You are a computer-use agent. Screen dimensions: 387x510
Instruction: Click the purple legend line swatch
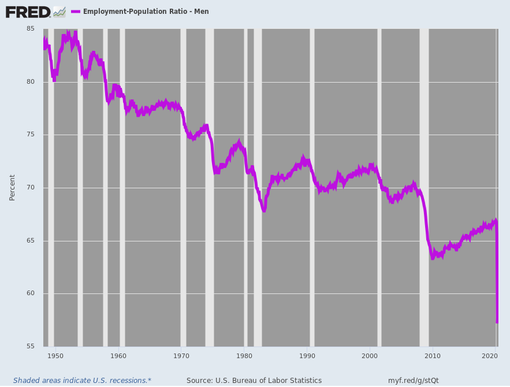click(x=75, y=12)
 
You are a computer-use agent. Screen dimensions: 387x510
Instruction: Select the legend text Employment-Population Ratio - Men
click(x=146, y=12)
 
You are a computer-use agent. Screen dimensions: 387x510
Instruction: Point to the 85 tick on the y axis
click(x=30, y=29)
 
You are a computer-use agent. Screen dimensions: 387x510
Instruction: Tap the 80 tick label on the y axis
click(x=30, y=82)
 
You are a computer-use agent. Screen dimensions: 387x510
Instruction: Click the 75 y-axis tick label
click(x=30, y=135)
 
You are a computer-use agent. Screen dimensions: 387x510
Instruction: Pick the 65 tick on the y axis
click(x=30, y=241)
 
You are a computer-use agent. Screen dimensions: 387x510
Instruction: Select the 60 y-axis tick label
click(x=30, y=293)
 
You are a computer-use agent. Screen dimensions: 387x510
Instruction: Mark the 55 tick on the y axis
click(x=30, y=347)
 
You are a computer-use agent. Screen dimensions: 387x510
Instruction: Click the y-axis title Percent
click(x=12, y=188)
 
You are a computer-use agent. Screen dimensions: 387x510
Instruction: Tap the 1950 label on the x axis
click(x=55, y=356)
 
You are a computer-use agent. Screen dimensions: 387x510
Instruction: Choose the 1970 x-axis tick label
click(x=181, y=356)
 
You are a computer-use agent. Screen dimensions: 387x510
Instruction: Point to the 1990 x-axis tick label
click(x=307, y=356)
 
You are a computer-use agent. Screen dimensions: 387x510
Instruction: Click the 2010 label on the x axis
click(x=433, y=356)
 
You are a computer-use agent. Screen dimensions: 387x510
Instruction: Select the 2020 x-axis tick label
click(x=490, y=356)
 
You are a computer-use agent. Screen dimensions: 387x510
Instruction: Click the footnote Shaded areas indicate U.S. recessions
click(x=82, y=380)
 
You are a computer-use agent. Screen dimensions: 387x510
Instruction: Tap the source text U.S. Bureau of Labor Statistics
click(x=254, y=380)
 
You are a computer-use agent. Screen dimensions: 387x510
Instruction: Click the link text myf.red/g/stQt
click(x=413, y=380)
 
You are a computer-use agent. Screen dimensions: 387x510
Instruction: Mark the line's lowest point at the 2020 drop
click(x=497, y=322)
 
